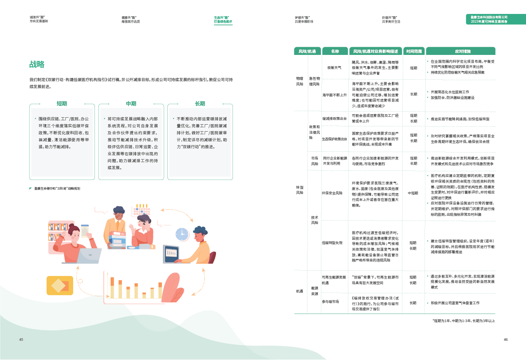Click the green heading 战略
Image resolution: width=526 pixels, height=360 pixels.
coord(37,65)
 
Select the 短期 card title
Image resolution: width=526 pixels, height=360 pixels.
coord(61,104)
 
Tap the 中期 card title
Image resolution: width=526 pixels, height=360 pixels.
coord(131,104)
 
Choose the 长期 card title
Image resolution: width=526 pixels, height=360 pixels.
coord(200,104)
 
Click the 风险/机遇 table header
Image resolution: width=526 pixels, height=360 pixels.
coord(307,51)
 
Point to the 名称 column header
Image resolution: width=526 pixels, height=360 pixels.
coord(334,51)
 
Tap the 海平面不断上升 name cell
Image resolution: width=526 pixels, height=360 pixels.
coord(334,94)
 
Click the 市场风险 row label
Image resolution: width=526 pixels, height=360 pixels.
coord(314,161)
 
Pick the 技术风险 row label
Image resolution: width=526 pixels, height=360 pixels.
coord(314,220)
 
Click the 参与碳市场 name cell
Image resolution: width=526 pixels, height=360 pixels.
coord(330,302)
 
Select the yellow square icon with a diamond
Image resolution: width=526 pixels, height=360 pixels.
coord(60,286)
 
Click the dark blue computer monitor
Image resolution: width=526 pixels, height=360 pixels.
coord(171,253)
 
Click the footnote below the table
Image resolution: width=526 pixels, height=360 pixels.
coord(463,321)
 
